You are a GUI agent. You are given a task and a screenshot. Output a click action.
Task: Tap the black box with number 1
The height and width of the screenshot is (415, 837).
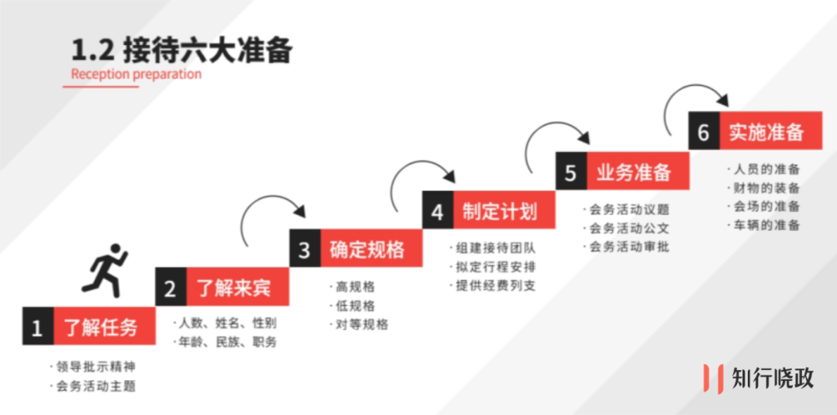click(x=37, y=327)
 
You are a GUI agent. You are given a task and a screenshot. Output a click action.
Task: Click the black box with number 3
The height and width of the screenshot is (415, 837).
click(x=305, y=249)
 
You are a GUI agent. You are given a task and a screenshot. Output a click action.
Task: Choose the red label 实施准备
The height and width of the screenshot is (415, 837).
click(x=766, y=131)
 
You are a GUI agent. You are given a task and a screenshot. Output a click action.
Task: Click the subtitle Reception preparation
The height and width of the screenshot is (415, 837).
click(x=136, y=74)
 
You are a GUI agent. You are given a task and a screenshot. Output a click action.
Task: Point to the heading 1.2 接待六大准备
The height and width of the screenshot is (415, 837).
click(x=181, y=50)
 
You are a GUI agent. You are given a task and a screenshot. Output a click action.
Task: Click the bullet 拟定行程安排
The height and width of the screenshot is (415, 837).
click(x=495, y=267)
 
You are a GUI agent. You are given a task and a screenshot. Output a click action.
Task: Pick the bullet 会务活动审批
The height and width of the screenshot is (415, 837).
click(x=629, y=247)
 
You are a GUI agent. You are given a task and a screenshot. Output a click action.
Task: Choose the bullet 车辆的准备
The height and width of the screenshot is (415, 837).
click(x=766, y=226)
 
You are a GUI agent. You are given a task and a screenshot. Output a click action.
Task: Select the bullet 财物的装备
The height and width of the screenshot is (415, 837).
click(x=766, y=188)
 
